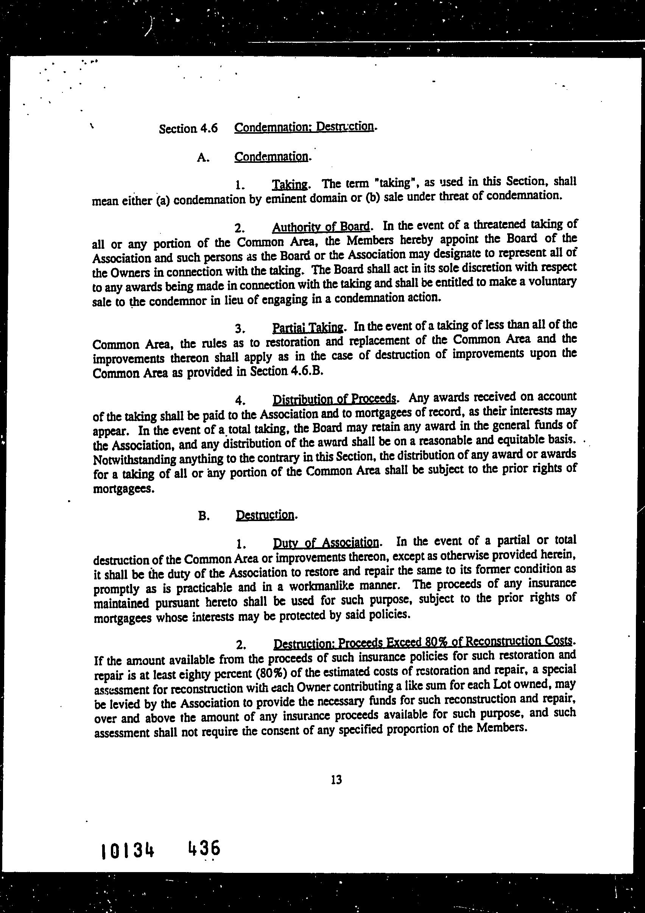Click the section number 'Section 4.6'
pyautogui.click(x=189, y=128)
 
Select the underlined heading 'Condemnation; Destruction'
pyautogui.click(x=304, y=127)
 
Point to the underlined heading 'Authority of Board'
pyautogui.click(x=321, y=227)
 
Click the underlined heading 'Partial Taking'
pyautogui.click(x=308, y=328)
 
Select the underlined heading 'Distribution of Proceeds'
pyautogui.click(x=334, y=398)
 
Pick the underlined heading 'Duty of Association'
pyautogui.click(x=326, y=542)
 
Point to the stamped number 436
pyautogui.click(x=204, y=849)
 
